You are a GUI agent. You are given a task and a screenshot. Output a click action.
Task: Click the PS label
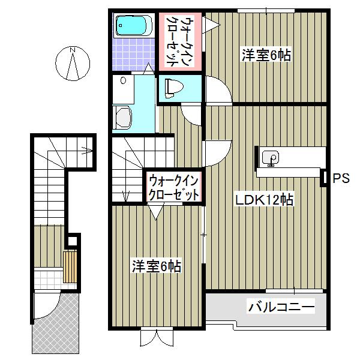pos(340,178)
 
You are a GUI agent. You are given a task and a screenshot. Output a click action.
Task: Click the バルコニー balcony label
pos(281,308)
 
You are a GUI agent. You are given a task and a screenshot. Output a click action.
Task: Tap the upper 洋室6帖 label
pos(267,55)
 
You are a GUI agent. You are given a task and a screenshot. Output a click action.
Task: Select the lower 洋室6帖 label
pos(157,266)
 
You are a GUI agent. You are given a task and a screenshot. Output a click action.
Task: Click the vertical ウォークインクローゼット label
pos(179,41)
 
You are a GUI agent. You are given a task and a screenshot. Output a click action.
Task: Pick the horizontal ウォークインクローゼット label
pos(174,187)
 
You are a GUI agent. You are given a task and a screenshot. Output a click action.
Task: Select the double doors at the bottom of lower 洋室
pos(157,337)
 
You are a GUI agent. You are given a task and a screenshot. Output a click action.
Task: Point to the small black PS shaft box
pos(325,178)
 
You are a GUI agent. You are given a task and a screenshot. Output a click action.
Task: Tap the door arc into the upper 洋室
pos(217,90)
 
